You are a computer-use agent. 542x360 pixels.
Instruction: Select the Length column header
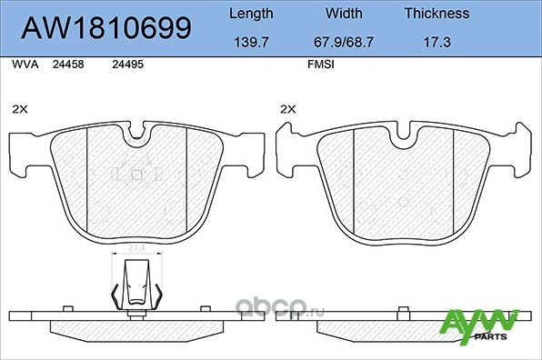pyautogui.click(x=249, y=14)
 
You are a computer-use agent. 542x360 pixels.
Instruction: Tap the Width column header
pyautogui.click(x=344, y=14)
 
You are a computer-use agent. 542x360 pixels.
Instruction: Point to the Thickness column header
pyautogui.click(x=437, y=14)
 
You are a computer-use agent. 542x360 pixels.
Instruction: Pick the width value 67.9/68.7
pyautogui.click(x=344, y=43)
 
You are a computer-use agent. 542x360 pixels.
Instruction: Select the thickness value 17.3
pyautogui.click(x=437, y=43)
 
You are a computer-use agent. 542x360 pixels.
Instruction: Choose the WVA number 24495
pyautogui.click(x=125, y=65)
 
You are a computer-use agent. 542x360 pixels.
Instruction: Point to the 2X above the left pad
pyautogui.click(x=20, y=108)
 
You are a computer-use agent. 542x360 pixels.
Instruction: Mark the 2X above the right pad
pyautogui.click(x=288, y=108)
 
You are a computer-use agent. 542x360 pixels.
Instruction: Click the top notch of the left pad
pyautogui.click(x=136, y=136)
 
